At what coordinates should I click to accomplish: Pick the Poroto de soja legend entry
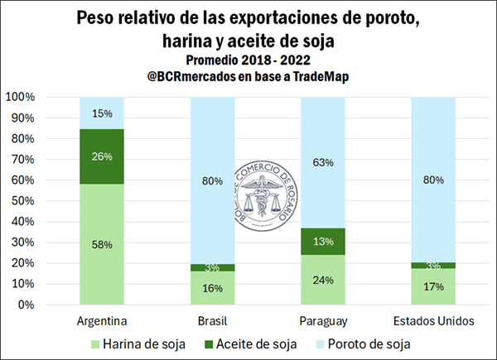[369, 342]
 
